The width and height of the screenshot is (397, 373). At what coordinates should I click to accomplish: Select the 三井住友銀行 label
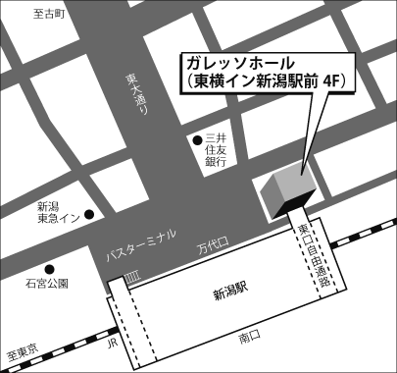pyautogui.click(x=217, y=152)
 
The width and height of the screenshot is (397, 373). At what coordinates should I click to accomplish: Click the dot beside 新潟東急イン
pyautogui.click(x=88, y=213)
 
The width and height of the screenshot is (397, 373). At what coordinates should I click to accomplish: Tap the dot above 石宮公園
pyautogui.click(x=48, y=268)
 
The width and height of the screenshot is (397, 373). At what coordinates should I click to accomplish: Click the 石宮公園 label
pyautogui.click(x=46, y=284)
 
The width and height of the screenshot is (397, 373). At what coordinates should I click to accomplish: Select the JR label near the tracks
pyautogui.click(x=111, y=344)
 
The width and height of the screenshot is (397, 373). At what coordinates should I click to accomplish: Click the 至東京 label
pyautogui.click(x=21, y=350)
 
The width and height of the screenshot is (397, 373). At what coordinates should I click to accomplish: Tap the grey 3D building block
pyautogui.click(x=284, y=188)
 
